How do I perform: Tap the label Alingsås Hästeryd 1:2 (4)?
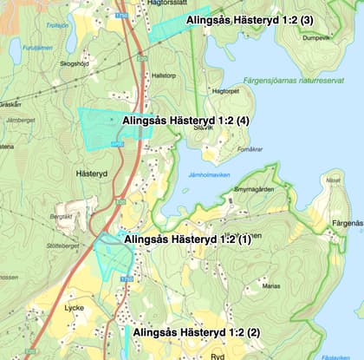point(186,121)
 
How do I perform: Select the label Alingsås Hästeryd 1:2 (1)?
point(188,239)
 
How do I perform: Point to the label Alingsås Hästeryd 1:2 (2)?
point(197,332)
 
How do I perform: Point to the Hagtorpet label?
point(224,91)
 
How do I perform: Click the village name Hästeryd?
point(91,173)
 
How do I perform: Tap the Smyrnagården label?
point(254,189)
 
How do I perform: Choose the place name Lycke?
point(74,307)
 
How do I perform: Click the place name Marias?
point(271,285)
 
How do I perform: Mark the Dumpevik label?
point(317,38)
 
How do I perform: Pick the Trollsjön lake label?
point(57,26)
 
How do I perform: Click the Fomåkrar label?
point(250,148)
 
